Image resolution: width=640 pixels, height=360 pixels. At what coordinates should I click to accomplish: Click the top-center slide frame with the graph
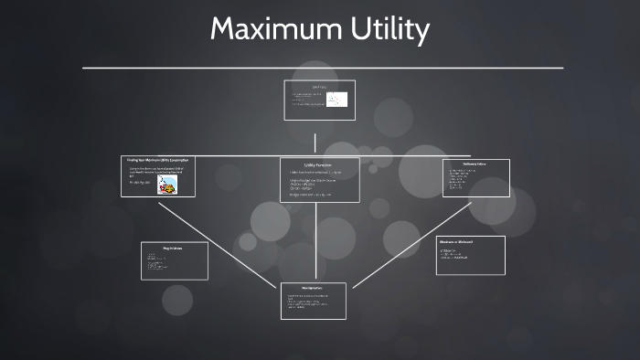(319, 101)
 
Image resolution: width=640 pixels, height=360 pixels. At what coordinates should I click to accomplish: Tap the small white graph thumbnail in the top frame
(336, 101)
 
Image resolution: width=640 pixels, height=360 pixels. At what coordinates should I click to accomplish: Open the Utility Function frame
(319, 181)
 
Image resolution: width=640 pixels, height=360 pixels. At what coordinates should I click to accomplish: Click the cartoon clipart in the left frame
(167, 185)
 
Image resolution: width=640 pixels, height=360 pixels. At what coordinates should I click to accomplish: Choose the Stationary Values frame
(475, 178)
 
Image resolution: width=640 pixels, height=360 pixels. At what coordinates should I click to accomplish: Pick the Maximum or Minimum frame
(470, 255)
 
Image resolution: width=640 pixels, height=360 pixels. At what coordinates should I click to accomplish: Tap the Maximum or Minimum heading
(455, 241)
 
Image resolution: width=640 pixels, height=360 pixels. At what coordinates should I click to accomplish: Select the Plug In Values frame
(174, 260)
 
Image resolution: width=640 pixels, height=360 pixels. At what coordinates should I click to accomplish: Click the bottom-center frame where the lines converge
(314, 301)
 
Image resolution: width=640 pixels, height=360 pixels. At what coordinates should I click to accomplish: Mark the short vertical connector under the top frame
(315, 143)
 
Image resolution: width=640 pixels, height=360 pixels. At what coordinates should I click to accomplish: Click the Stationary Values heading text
(475, 164)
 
